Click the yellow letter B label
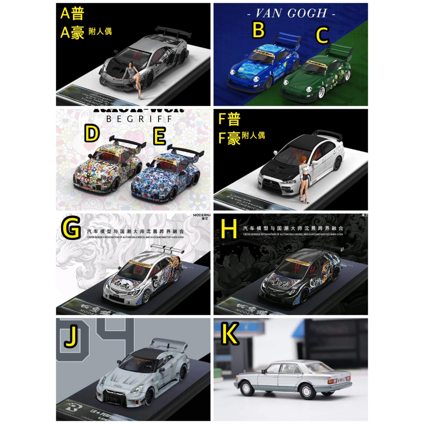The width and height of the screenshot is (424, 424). pos(258,31)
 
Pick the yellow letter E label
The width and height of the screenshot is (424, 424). pos(159,137)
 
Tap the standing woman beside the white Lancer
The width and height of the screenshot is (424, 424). pos(303,180)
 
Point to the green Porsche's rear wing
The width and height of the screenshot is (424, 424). pos(338,51)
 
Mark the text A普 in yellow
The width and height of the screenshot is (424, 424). pos(72,13)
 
